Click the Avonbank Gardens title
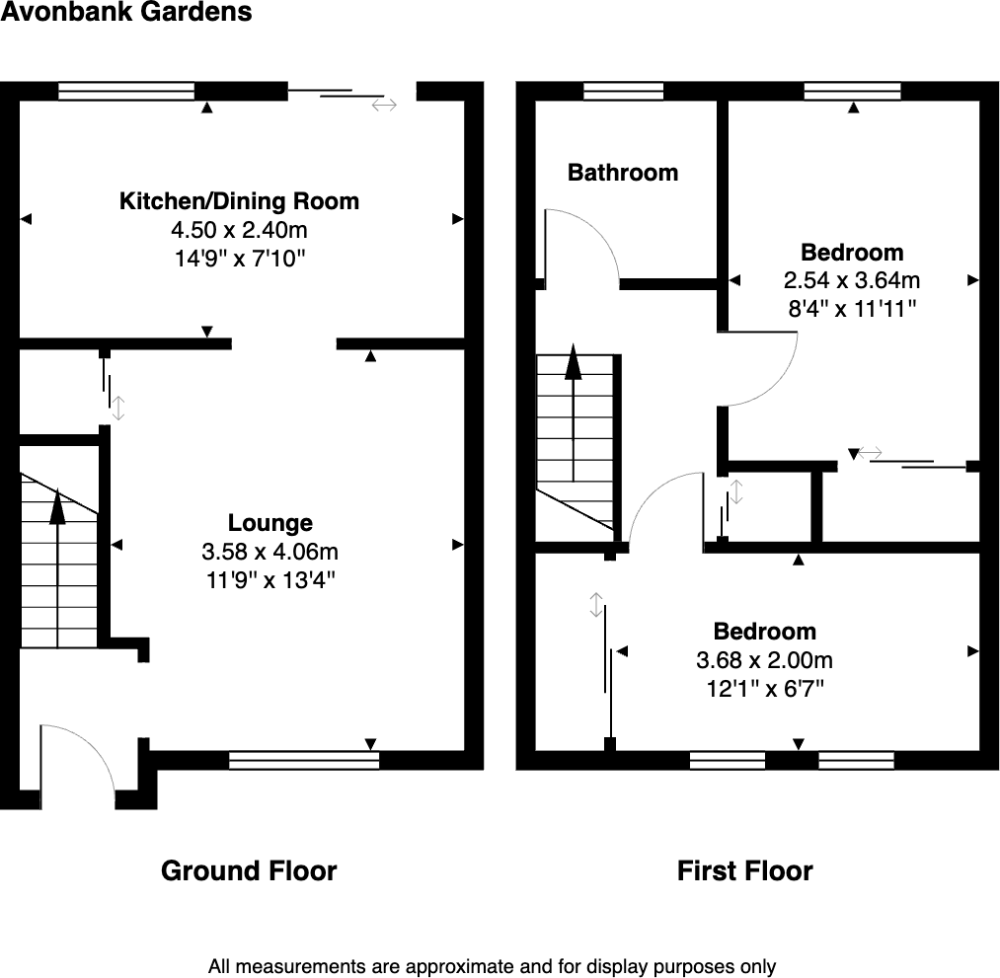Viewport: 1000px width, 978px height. pyautogui.click(x=126, y=13)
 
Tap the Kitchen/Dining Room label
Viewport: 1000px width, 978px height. pyautogui.click(x=239, y=202)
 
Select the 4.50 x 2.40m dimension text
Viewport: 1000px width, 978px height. pyautogui.click(x=239, y=231)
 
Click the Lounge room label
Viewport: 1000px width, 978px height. pyautogui.click(x=270, y=523)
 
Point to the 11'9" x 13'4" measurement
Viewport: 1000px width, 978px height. pyautogui.click(x=270, y=579)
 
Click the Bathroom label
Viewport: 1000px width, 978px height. pyautogui.click(x=623, y=173)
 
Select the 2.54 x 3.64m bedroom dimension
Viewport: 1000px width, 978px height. pyautogui.click(x=851, y=280)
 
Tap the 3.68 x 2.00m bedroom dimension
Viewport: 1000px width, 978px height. pyautogui.click(x=765, y=659)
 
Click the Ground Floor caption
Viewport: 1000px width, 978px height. pyautogui.click(x=249, y=871)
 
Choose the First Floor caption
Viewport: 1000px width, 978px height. pyautogui.click(x=745, y=871)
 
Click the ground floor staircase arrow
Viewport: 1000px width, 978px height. pyautogui.click(x=57, y=508)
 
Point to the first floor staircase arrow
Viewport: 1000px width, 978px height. pyautogui.click(x=573, y=365)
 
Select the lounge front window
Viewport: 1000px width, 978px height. pyautogui.click(x=303, y=760)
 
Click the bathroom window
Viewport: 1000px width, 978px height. pyautogui.click(x=623, y=92)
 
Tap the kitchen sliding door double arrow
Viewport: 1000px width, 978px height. pyautogui.click(x=383, y=104)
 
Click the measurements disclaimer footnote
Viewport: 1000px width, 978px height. pyautogui.click(x=492, y=967)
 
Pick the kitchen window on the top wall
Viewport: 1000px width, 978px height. pyautogui.click(x=126, y=92)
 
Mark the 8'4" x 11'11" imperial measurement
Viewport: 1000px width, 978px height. pyautogui.click(x=851, y=309)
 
